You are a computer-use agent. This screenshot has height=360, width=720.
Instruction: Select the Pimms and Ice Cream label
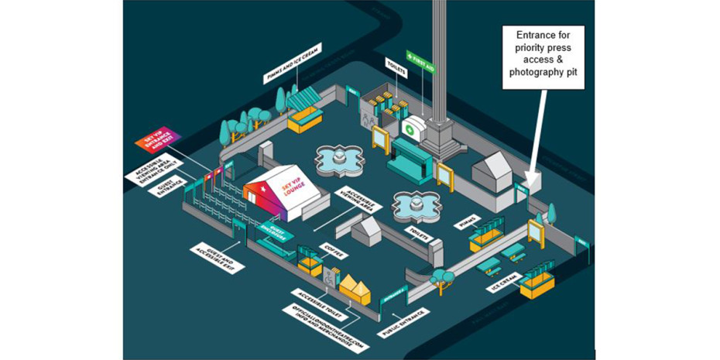tap(293, 63)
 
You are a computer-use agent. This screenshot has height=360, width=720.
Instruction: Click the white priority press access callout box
tap(542, 57)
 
